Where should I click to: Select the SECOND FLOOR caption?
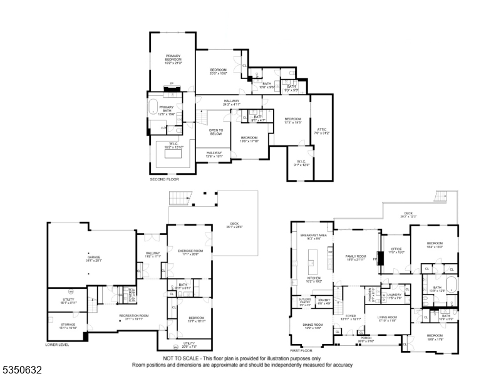pyautogui.click(x=164, y=179)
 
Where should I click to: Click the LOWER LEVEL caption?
pyautogui.click(x=57, y=345)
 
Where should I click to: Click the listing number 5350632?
pyautogui.click(x=22, y=370)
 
